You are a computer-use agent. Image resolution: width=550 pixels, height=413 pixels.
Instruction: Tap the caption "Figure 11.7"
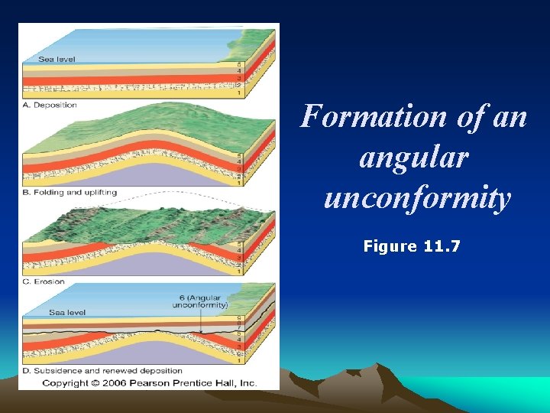click(413, 246)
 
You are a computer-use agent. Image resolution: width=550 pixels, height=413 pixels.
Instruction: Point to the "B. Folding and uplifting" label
click(70, 193)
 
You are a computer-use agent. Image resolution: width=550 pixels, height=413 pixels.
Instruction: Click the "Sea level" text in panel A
click(57, 59)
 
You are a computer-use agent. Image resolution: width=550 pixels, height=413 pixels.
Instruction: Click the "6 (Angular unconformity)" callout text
click(202, 301)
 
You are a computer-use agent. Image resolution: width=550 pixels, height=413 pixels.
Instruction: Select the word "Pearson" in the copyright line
click(144, 382)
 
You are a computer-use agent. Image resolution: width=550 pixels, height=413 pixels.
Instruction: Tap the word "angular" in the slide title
click(412, 158)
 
